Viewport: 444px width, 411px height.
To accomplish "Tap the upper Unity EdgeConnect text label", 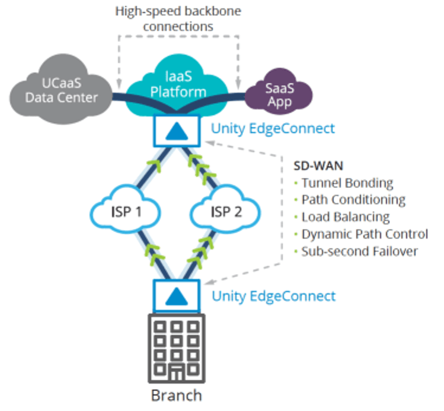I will click(x=273, y=128).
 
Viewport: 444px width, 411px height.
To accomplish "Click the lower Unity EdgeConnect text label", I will click(x=273, y=295).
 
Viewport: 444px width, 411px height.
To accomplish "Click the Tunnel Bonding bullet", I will click(x=346, y=183).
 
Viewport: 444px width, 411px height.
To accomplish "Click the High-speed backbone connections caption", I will click(x=178, y=19).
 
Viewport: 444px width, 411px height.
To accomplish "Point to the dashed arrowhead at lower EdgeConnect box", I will click(x=210, y=279).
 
